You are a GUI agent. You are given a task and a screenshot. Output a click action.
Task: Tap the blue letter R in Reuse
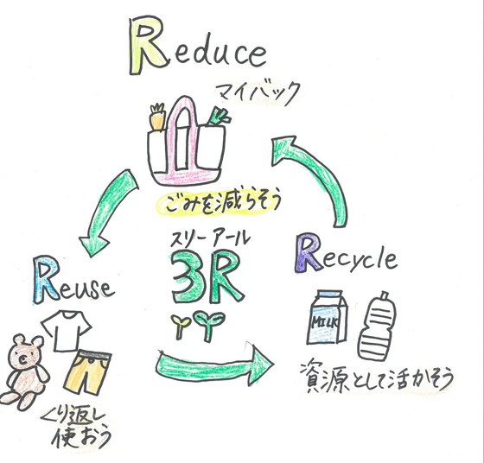click(x=47, y=279)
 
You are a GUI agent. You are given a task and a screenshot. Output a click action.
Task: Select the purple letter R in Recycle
click(x=308, y=254)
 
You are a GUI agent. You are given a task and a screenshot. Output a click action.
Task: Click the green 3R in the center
click(x=207, y=276)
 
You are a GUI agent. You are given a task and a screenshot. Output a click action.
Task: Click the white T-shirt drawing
click(x=66, y=331)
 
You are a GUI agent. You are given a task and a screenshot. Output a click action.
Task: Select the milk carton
click(x=328, y=317)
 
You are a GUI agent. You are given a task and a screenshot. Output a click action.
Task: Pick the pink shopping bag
click(x=186, y=145)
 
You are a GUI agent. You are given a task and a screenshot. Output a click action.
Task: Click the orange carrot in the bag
click(x=157, y=117)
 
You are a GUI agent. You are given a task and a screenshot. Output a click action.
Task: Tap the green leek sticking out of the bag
click(x=219, y=117)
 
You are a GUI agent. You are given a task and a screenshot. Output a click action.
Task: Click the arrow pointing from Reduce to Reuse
click(x=106, y=211)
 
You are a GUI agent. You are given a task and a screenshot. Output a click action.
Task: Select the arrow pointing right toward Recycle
click(x=213, y=365)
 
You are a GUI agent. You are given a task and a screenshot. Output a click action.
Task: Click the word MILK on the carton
click(x=324, y=322)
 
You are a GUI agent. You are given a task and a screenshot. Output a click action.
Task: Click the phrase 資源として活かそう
click(x=377, y=377)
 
